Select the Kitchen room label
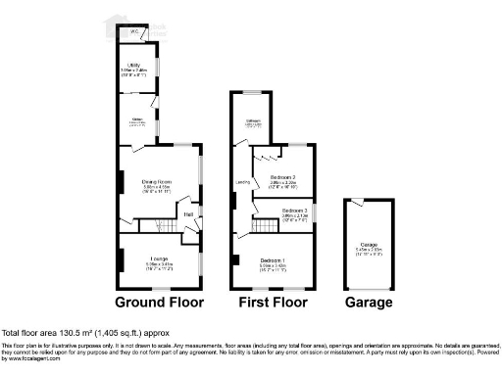[x=138, y=121]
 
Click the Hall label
[x=188, y=214]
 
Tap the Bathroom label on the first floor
[x=253, y=121]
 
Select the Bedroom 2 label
[x=284, y=177]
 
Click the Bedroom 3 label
[x=295, y=211]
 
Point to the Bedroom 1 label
[x=273, y=259]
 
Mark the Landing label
[x=241, y=181]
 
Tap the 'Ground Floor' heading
[x=158, y=303]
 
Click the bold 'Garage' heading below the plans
[x=368, y=303]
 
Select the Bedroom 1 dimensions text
[x=273, y=265]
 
